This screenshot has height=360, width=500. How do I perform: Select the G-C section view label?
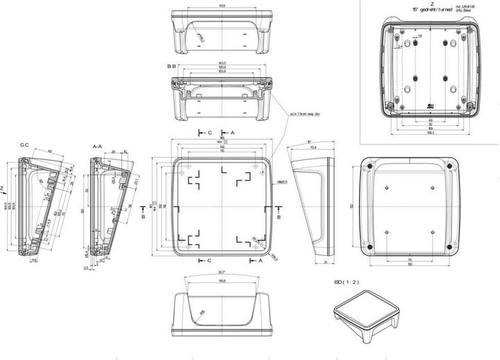click(24, 145)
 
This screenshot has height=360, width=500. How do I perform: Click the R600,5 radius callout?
click(283, 182)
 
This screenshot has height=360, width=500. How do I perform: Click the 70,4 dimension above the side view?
click(312, 147)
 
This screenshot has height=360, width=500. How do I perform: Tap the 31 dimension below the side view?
click(325, 261)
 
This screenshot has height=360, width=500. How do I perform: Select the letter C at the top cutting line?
click(209, 131)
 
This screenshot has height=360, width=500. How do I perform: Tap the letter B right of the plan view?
click(278, 217)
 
